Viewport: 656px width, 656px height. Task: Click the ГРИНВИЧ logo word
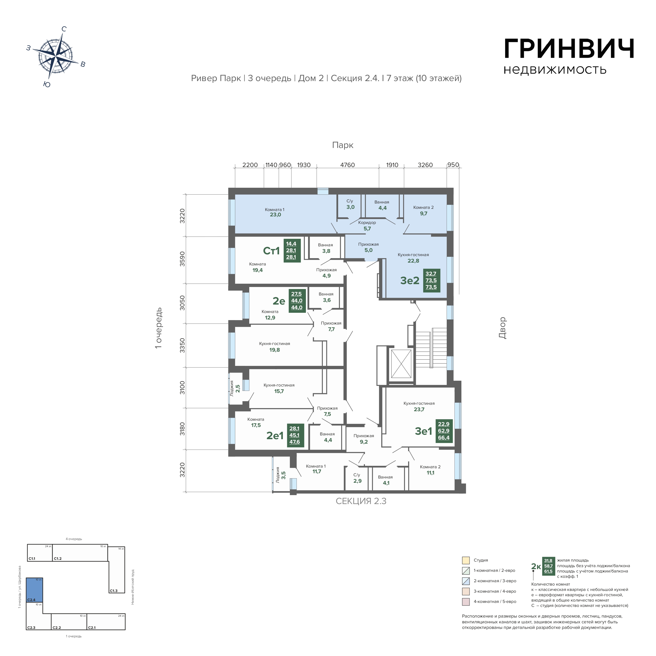coord(569,49)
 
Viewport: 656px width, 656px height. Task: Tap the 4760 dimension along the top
coord(347,165)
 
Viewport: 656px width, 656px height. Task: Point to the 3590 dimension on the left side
coord(182,259)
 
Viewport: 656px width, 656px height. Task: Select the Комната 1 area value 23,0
coord(275,215)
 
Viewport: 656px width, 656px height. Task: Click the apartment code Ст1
coord(271,251)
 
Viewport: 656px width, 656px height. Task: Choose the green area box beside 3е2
coord(431,281)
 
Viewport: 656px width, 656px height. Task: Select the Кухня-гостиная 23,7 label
coord(419,407)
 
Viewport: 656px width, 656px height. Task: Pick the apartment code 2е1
coord(275,436)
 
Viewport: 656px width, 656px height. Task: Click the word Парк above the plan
coord(343,145)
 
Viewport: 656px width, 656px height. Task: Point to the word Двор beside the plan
coord(502,328)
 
